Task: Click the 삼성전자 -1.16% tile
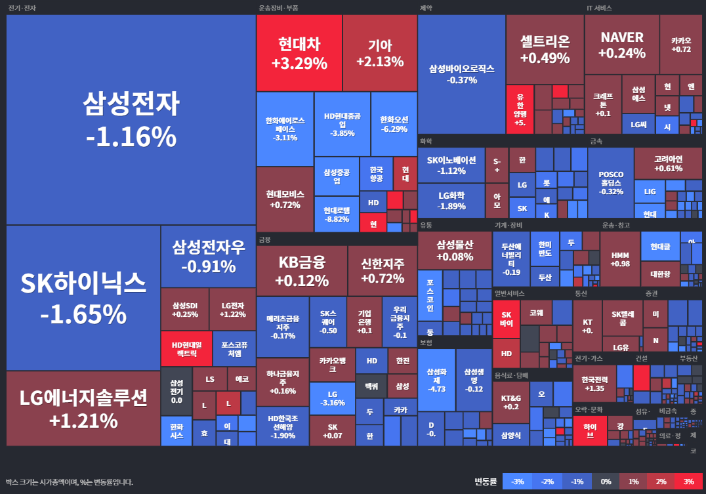pos(131,119)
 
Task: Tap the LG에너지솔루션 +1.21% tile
pos(83,408)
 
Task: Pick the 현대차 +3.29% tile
pos(299,53)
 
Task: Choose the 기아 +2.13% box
pos(380,53)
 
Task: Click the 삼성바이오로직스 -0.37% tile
pos(461,73)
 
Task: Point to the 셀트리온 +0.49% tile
pos(545,49)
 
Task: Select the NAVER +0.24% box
pos(621,45)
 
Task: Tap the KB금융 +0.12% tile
pos(302,271)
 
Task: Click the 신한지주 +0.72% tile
pos(382,271)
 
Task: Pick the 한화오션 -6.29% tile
pos(394,124)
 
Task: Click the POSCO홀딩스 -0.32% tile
pos(611,182)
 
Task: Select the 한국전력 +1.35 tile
pos(593,384)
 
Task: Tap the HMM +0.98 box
pos(619,258)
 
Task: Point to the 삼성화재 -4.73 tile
pos(436,380)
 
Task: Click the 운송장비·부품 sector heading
pos(278,9)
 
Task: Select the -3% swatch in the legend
pos(517,482)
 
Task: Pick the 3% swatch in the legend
pos(688,482)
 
